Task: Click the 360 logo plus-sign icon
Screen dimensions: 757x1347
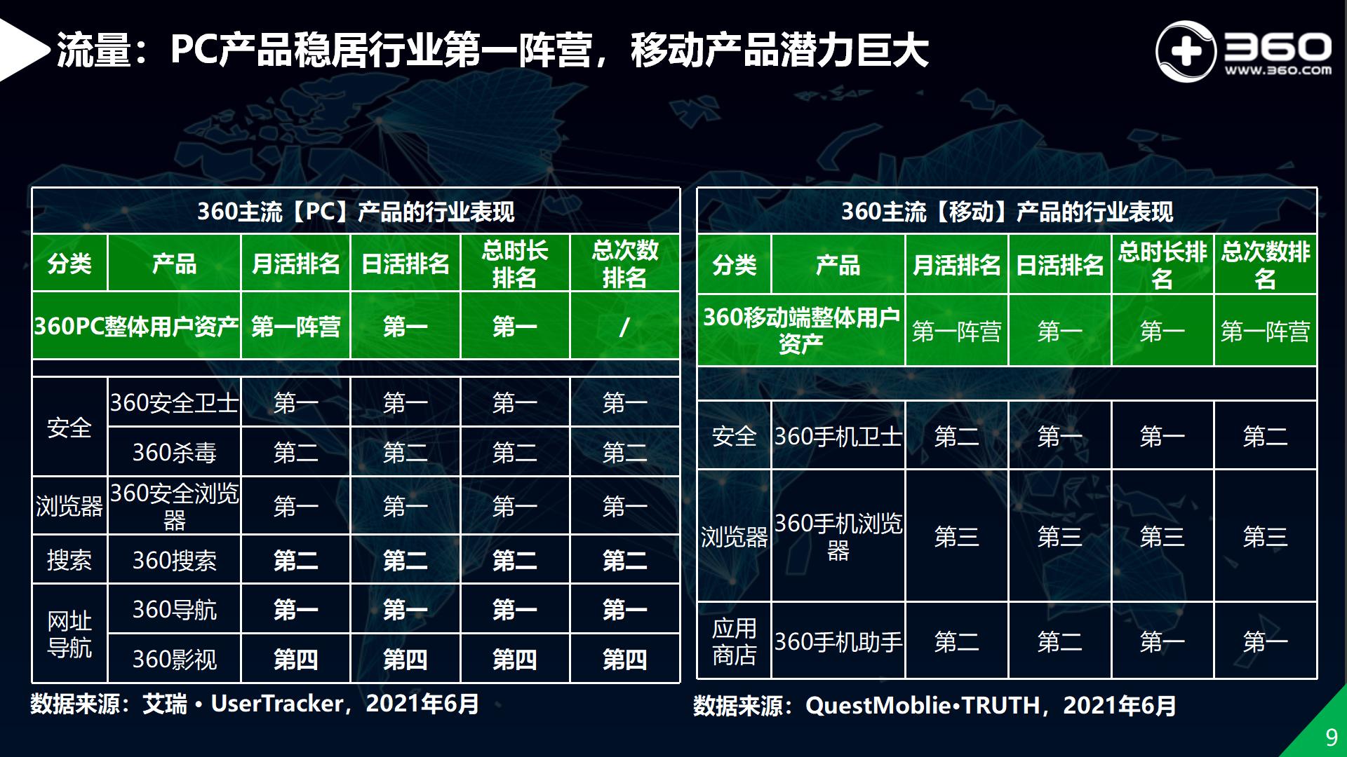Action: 1185,52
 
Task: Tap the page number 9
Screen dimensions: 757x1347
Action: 1331,737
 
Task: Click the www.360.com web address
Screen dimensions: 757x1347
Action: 1278,70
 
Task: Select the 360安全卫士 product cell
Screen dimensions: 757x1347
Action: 174,403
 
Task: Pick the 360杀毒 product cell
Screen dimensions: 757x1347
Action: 174,453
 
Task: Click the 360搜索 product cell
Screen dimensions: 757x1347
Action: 174,560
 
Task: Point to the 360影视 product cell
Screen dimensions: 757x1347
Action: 174,659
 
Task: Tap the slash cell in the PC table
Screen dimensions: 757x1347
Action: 624,327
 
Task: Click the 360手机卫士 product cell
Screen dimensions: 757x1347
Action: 838,437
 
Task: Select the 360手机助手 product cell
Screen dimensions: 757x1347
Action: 838,641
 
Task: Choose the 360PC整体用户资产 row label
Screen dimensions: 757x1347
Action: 136,327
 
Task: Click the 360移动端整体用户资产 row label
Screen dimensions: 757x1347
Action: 800,330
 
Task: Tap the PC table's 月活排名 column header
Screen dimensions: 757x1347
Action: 295,264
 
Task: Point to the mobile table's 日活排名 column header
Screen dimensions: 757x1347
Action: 1059,265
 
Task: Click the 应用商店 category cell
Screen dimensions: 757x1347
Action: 734,641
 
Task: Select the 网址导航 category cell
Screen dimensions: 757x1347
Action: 69,634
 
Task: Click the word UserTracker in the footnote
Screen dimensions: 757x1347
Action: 277,703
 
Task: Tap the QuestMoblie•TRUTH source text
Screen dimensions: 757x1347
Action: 922,705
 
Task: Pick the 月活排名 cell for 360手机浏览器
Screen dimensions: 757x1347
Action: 956,537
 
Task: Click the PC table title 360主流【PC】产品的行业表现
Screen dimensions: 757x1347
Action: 356,212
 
